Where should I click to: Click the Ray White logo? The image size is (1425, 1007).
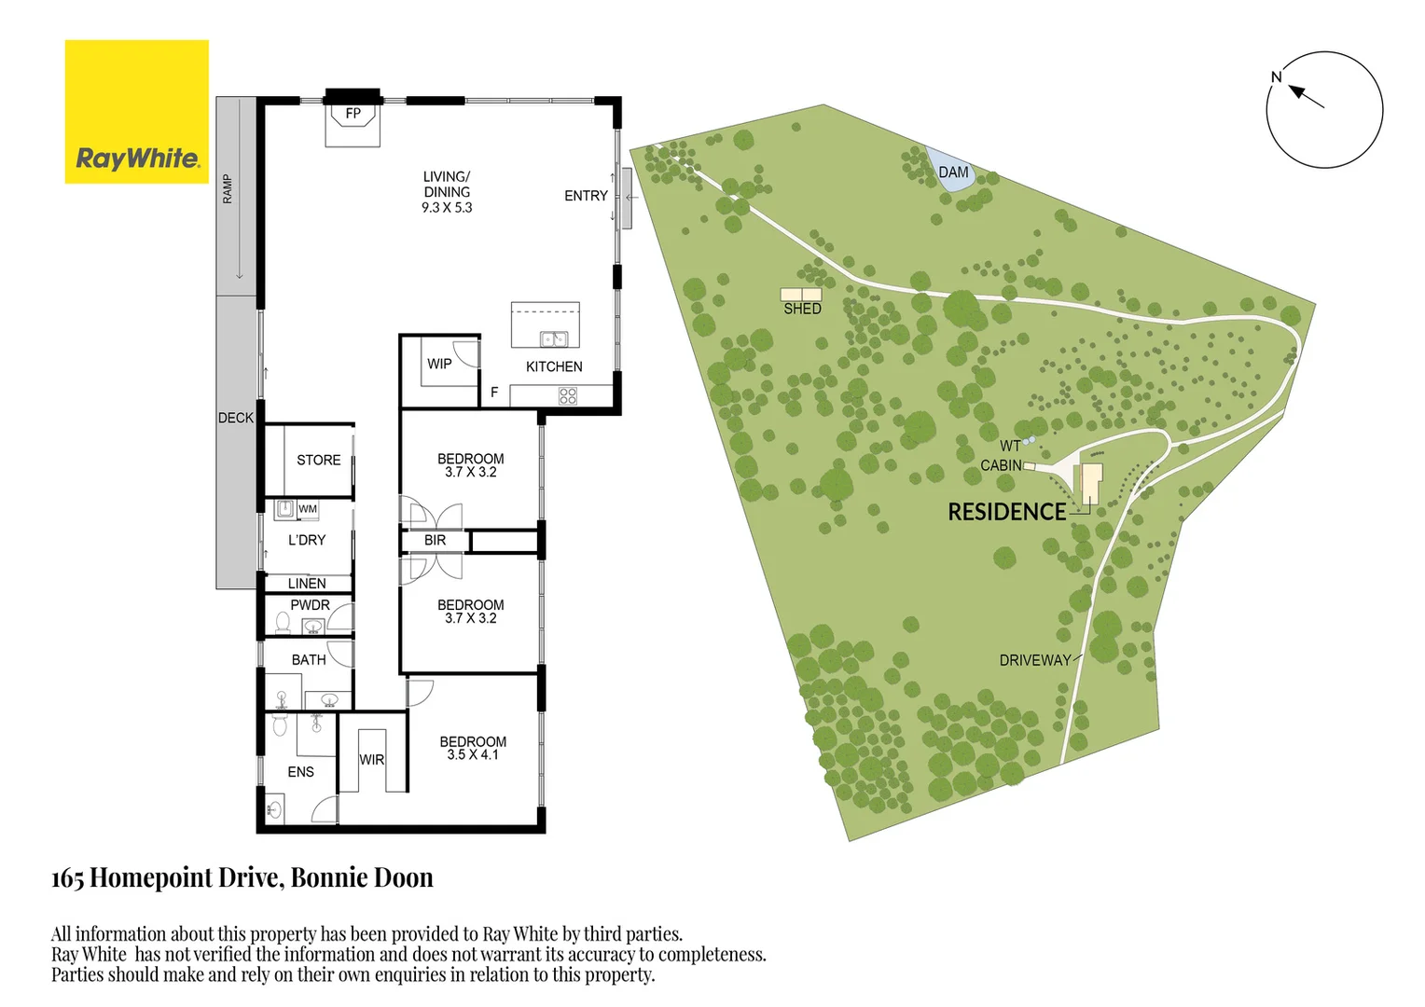[x=137, y=112]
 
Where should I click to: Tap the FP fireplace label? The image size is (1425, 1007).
[x=353, y=114]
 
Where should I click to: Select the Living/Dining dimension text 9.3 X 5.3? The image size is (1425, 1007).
[x=447, y=208]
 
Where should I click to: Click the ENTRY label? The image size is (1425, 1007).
[x=586, y=196]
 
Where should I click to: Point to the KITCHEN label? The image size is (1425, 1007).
[x=554, y=366]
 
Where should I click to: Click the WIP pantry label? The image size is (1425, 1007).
[x=439, y=364]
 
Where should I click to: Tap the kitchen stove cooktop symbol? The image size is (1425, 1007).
[x=567, y=396]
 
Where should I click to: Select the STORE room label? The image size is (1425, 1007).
[x=318, y=460]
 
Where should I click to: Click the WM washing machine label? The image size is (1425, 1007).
[x=308, y=509]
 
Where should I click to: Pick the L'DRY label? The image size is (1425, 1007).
[x=307, y=540]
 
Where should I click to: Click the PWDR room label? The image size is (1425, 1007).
[x=310, y=605]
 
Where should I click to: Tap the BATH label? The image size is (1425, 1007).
[x=309, y=659]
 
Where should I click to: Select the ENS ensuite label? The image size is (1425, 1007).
[x=300, y=772]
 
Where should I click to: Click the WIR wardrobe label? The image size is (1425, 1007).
[x=372, y=760]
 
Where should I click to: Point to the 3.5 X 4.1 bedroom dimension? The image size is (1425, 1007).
[x=473, y=755]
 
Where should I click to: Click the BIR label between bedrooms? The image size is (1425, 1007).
[x=435, y=540]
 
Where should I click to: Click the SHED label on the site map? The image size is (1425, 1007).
[x=802, y=309]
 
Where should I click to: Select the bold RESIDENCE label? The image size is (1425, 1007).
[x=1006, y=512]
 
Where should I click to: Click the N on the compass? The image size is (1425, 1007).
[x=1277, y=77]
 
